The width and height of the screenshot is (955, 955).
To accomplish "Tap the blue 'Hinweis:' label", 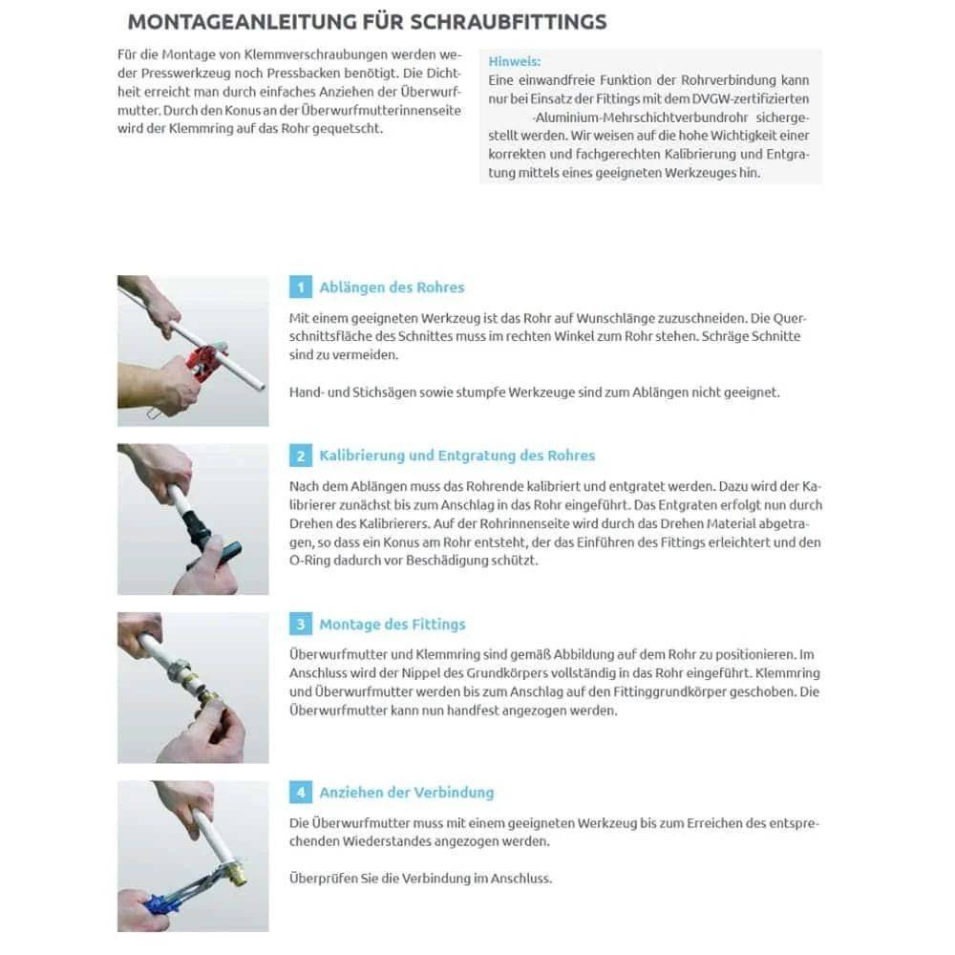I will click(514, 60).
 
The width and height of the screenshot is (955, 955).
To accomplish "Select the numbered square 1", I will click(300, 287).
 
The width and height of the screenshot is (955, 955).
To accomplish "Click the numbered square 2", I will click(300, 456).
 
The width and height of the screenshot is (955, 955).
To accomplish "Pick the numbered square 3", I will click(300, 625).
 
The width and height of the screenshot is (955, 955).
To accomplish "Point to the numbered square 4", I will click(300, 793).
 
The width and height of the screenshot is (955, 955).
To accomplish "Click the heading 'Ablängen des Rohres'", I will click(392, 287).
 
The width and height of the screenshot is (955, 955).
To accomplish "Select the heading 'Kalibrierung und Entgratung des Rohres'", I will click(456, 456).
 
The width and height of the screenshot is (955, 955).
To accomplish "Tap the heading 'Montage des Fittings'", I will click(393, 625).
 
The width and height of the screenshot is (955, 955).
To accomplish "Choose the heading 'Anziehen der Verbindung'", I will click(407, 793).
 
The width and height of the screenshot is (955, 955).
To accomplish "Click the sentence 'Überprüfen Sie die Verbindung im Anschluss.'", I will click(420, 878).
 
